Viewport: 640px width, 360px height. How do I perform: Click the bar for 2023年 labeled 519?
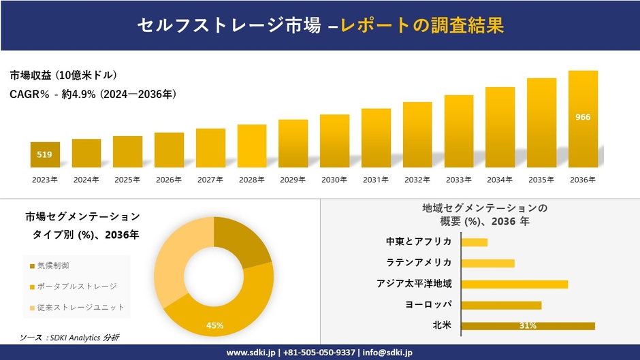pyautogui.click(x=45, y=154)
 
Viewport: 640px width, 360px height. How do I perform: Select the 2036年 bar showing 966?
pyautogui.click(x=583, y=119)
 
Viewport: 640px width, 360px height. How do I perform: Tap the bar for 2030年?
pyautogui.click(x=334, y=140)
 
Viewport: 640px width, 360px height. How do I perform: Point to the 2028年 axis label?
pyautogui.click(x=251, y=180)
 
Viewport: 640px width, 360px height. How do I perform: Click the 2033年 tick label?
pyautogui.click(x=458, y=180)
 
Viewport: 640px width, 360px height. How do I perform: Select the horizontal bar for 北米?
pyautogui.click(x=528, y=326)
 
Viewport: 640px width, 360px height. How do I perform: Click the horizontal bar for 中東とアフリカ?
pyautogui.click(x=475, y=242)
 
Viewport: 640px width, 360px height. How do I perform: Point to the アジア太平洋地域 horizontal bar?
pyautogui.click(x=514, y=284)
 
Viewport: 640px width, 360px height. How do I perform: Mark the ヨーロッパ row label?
pyautogui.click(x=428, y=304)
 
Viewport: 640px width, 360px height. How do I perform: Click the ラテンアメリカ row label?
pyautogui.click(x=419, y=263)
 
